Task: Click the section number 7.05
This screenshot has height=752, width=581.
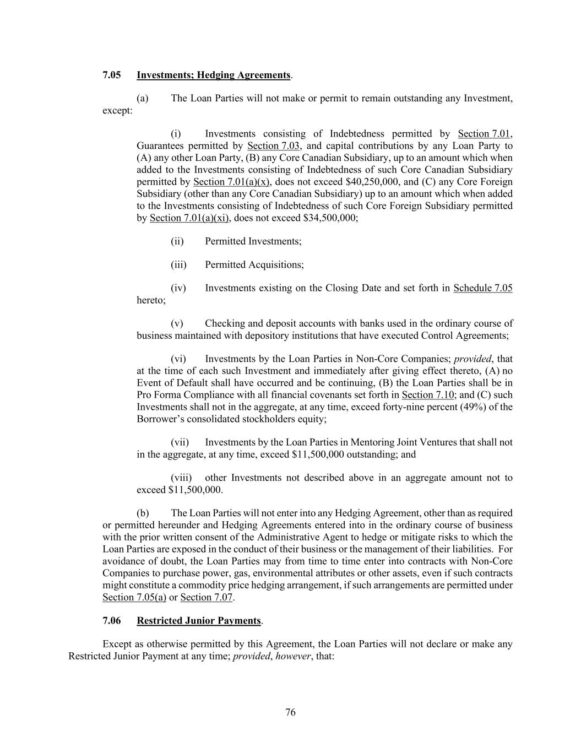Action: point(112,75)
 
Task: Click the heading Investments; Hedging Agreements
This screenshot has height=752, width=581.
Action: point(214,75)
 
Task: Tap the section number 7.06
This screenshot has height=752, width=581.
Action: point(112,620)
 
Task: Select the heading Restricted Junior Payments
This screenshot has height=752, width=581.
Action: point(199,620)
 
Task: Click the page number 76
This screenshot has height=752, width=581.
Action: point(290,712)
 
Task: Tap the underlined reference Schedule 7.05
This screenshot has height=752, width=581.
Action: point(483,288)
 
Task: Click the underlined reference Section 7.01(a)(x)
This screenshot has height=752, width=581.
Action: point(231,182)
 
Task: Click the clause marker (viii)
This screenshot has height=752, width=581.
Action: point(181,478)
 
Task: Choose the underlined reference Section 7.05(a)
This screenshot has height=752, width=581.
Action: point(134,597)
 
